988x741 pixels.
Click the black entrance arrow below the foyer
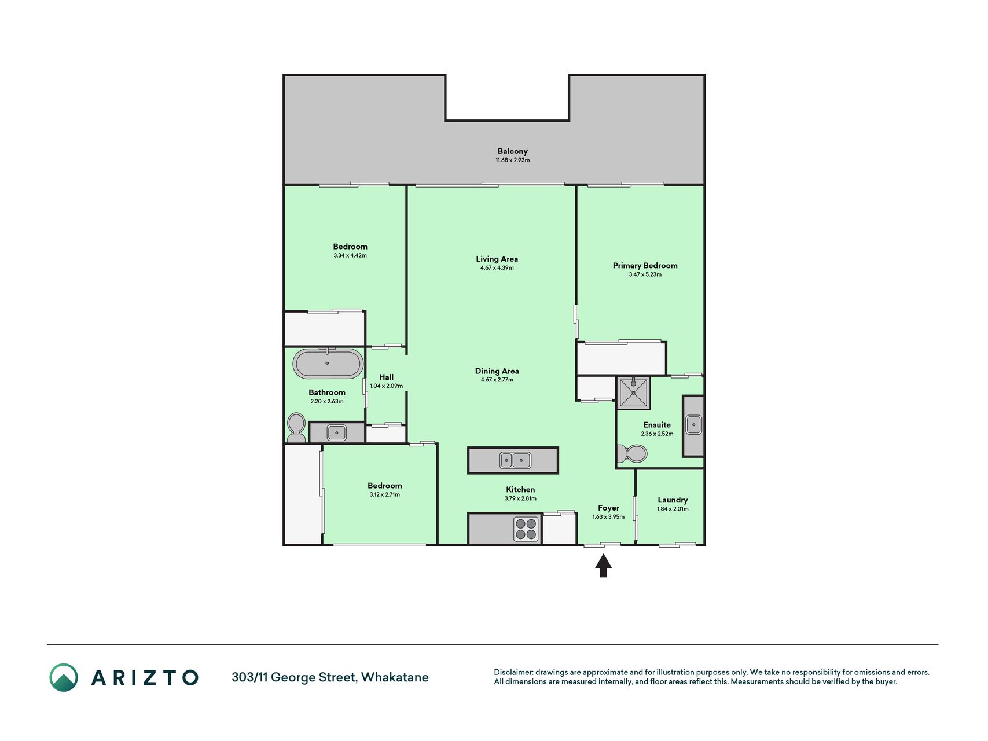(603, 566)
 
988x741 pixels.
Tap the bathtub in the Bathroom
(328, 364)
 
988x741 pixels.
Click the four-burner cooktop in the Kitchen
(526, 529)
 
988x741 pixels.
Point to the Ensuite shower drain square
(634, 392)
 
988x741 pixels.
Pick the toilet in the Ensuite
(631, 454)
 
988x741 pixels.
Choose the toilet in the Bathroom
(296, 428)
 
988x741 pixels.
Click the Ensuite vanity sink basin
(693, 425)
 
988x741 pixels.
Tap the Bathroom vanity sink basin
(336, 432)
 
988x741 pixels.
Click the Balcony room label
(512, 151)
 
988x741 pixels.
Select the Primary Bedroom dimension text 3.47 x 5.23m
(645, 274)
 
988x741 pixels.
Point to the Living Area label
(497, 259)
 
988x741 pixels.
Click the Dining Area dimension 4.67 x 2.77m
(497, 380)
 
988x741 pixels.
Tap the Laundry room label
(673, 500)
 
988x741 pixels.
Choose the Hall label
(386, 377)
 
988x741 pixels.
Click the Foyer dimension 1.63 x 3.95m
(608, 516)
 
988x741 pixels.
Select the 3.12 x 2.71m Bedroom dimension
(384, 494)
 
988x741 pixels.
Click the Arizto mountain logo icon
(64, 677)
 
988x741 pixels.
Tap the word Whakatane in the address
(395, 677)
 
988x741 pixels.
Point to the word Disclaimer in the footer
(513, 672)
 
